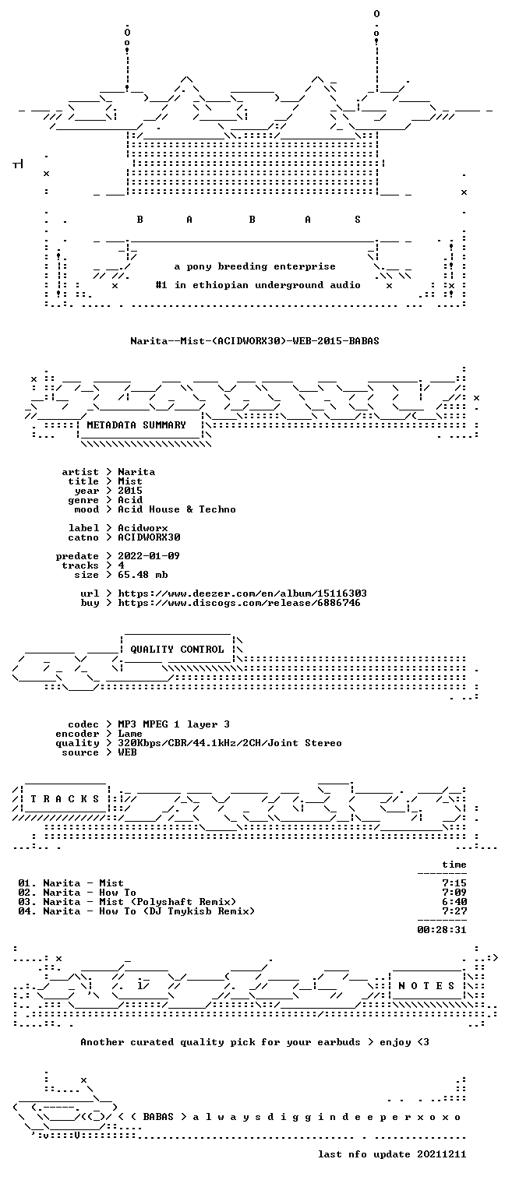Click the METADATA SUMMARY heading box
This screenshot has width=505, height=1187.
click(140, 425)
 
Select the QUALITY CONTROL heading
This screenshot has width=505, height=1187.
click(177, 649)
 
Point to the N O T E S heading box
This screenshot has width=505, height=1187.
click(427, 985)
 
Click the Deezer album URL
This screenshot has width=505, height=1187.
click(242, 593)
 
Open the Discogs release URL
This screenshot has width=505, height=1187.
click(238, 603)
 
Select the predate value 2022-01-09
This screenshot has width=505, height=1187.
click(149, 556)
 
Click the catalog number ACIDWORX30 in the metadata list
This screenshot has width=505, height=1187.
click(149, 537)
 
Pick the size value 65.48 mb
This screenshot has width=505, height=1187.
click(143, 575)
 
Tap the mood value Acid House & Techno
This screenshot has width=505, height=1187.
click(177, 509)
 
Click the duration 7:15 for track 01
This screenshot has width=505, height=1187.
click(454, 883)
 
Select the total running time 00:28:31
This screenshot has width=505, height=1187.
click(442, 930)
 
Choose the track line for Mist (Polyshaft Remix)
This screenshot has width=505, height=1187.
click(127, 902)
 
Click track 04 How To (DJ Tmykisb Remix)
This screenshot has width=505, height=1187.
click(136, 911)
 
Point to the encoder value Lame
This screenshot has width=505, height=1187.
click(130, 734)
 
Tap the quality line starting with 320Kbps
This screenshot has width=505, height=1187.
click(230, 743)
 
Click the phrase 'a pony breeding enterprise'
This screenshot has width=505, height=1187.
click(255, 266)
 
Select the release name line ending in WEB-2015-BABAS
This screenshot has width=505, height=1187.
click(255, 340)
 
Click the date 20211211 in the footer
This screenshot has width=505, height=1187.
click(442, 1154)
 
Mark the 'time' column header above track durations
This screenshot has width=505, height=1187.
click(454, 865)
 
